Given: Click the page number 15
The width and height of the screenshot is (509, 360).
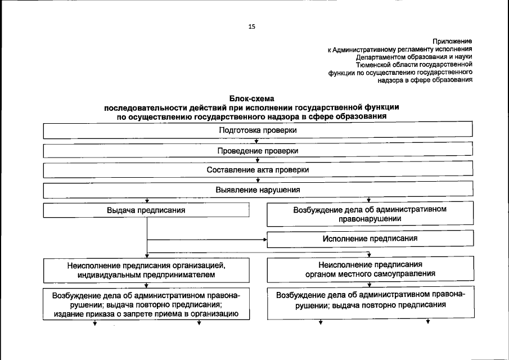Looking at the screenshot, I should [251, 26].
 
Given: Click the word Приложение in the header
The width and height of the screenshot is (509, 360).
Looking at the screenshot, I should [452, 41].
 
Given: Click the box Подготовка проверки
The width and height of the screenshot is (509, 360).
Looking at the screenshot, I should [258, 130].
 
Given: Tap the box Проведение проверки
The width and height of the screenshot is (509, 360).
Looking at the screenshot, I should [258, 151].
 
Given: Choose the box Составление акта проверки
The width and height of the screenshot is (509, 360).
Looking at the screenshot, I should [258, 169].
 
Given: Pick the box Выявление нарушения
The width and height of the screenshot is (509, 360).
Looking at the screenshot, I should [258, 190].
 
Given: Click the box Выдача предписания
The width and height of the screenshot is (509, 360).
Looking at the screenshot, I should [146, 210].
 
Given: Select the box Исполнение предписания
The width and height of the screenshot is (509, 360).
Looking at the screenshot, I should [370, 238].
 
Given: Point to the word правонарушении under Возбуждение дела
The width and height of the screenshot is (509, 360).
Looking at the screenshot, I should [370, 219].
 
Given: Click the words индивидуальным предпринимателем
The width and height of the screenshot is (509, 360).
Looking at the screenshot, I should [146, 274].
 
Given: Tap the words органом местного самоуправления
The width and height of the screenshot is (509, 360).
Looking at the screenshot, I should [370, 274].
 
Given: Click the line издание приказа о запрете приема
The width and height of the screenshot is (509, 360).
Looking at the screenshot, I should [146, 314].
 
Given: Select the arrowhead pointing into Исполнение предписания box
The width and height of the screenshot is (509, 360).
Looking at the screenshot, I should [265, 239].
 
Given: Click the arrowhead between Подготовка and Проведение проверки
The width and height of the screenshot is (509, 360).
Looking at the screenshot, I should [256, 142].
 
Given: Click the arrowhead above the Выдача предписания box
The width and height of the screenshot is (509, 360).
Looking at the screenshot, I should [147, 201].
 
